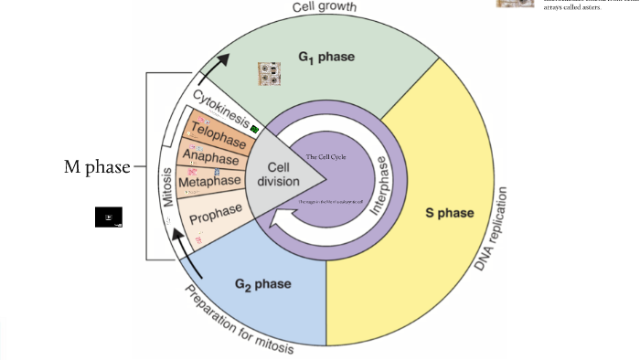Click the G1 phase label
click(x=325, y=58)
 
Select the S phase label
click(x=450, y=213)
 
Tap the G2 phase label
click(x=263, y=284)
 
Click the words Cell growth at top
click(x=324, y=7)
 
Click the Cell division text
click(x=277, y=174)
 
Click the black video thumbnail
click(x=108, y=217)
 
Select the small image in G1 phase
click(x=269, y=73)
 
